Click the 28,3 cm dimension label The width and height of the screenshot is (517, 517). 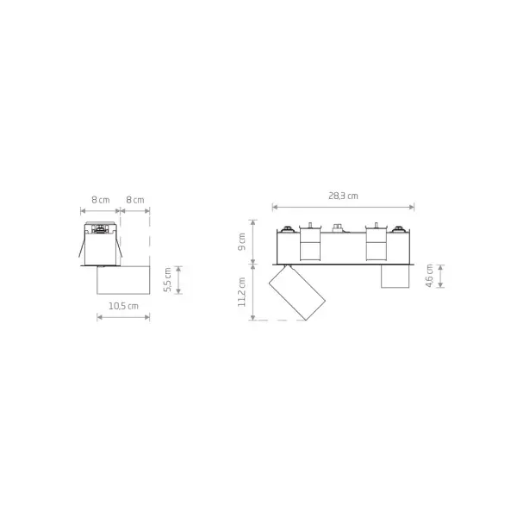click(343, 196)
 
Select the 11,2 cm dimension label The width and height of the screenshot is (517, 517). click(241, 292)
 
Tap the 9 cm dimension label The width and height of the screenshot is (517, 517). click(241, 241)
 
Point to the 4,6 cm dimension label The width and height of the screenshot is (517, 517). click(429, 276)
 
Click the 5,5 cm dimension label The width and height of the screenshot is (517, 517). click(167, 279)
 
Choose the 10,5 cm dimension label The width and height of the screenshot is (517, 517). click(123, 306)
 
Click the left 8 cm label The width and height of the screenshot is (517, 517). click(101, 200)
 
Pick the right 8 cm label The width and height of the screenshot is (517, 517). click(135, 200)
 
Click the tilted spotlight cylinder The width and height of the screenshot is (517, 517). click(297, 292)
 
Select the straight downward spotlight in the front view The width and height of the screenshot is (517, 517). click(395, 277)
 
